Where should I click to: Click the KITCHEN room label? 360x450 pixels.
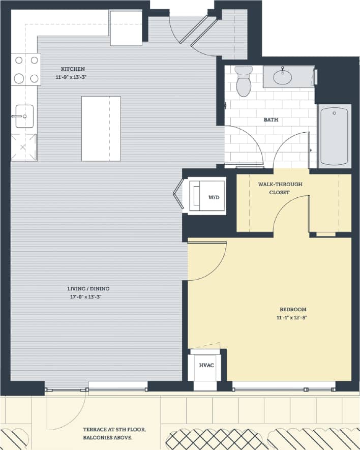73,69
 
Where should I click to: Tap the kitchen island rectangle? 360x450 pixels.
101,128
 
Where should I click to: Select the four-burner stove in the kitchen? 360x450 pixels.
26,69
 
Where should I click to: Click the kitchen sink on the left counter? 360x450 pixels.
24,116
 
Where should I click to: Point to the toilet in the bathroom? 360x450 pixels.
244,81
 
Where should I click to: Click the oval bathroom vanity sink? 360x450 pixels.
282,77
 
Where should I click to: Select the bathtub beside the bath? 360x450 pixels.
335,135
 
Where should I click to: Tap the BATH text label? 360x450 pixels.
271,120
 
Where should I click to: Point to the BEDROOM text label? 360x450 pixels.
293,309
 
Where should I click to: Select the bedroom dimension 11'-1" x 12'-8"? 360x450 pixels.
293,317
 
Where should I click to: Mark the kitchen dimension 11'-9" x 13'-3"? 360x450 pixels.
73,77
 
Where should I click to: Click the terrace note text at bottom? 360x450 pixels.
114,434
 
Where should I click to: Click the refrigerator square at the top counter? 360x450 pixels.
126,27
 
